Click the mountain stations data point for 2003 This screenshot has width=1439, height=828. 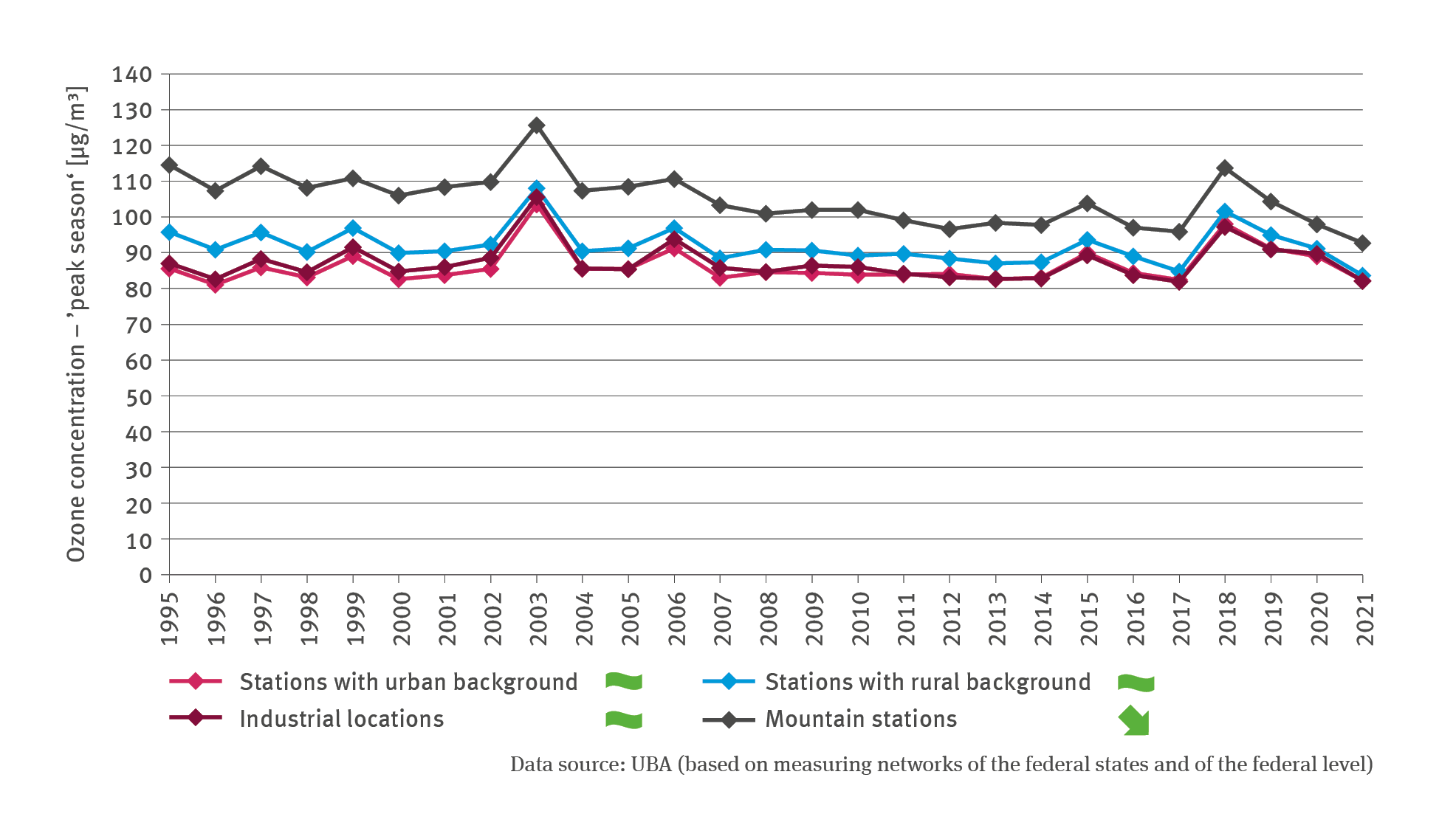pos(537,125)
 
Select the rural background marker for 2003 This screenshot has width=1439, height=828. pos(537,189)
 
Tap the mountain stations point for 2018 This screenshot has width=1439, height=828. pos(1225,168)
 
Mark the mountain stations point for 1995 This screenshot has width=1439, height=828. pos(169,165)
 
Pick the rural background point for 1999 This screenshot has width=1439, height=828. pos(353,228)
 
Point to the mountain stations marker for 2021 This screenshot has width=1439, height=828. pos(1363,244)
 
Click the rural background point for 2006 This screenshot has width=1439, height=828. pos(674,228)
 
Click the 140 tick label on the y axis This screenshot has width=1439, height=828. pos(132,75)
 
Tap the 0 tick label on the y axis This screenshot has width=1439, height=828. pos(146,576)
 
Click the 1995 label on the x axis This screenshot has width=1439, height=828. pos(170,618)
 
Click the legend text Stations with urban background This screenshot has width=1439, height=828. pos(408,682)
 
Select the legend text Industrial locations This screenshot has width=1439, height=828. pos(341,719)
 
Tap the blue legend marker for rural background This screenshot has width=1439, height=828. pos(729,681)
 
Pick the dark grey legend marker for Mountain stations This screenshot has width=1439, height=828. pos(729,720)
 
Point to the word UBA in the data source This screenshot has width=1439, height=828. pos(650,765)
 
